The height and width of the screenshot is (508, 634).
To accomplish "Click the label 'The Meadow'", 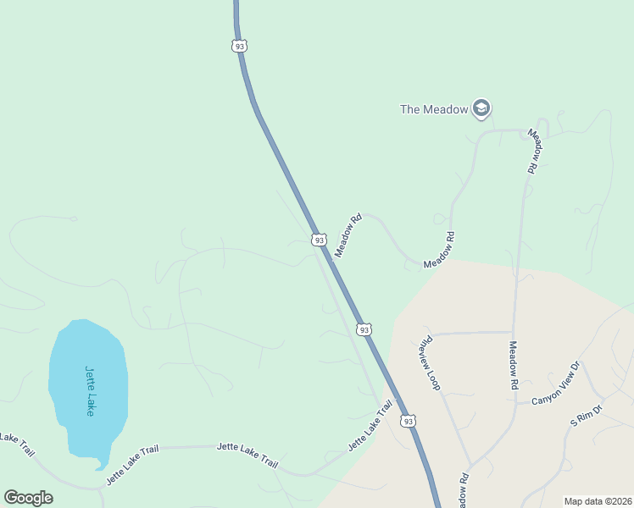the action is tap(433, 109).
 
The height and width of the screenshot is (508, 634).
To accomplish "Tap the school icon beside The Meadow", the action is tap(481, 108).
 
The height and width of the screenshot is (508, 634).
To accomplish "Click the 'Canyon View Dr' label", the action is tap(555, 384).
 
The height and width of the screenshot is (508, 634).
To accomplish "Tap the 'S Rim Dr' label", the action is tap(586, 415).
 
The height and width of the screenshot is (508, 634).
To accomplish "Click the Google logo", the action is tap(28, 498).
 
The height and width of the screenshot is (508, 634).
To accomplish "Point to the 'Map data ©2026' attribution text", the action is tap(598, 501).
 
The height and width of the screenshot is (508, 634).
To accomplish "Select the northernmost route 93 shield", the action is tap(240, 46).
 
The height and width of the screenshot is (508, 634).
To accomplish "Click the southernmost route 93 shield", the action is tap(409, 421).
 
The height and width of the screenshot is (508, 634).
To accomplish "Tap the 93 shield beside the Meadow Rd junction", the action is tap(319, 240).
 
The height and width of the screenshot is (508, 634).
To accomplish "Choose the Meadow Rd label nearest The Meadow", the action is tap(534, 152).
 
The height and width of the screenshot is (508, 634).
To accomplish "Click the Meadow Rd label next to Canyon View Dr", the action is tap(514, 365).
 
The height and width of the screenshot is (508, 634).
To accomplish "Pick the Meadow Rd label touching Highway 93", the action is tap(348, 235).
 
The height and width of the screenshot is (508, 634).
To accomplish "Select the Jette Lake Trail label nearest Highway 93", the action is tap(370, 426).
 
